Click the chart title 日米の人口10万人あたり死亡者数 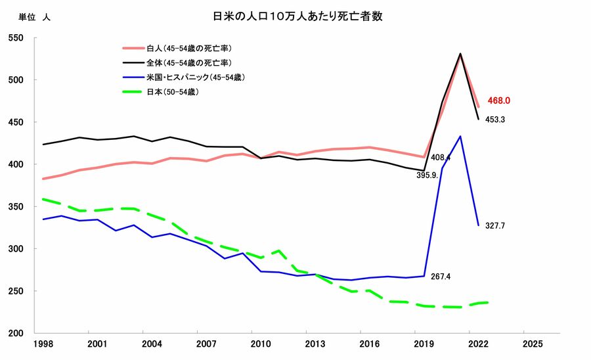pos(297,16)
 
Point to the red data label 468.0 pos(499,101)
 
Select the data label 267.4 pos(441,277)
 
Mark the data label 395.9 pos(427,175)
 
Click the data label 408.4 pos(441,158)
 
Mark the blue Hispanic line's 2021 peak pos(460,137)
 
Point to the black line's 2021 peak pos(460,54)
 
